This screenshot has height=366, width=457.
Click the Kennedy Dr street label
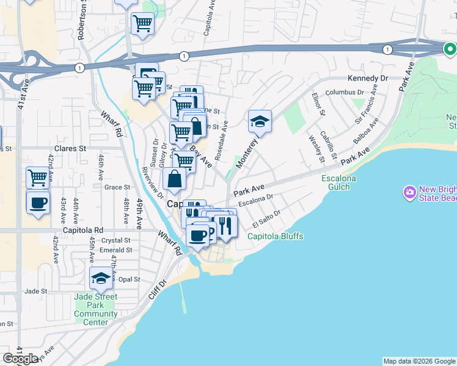point(368,79)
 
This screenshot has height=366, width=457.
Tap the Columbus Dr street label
point(344,92)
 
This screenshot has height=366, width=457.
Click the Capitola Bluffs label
point(275,237)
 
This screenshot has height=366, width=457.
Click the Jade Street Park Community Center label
point(95,309)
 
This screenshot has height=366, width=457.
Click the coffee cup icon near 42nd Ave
point(38,202)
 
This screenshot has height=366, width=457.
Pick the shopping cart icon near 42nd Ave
point(38,178)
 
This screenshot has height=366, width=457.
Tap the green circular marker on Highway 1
point(450,48)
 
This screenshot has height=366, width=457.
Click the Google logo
point(20,359)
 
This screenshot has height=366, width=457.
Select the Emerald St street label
point(116,250)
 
